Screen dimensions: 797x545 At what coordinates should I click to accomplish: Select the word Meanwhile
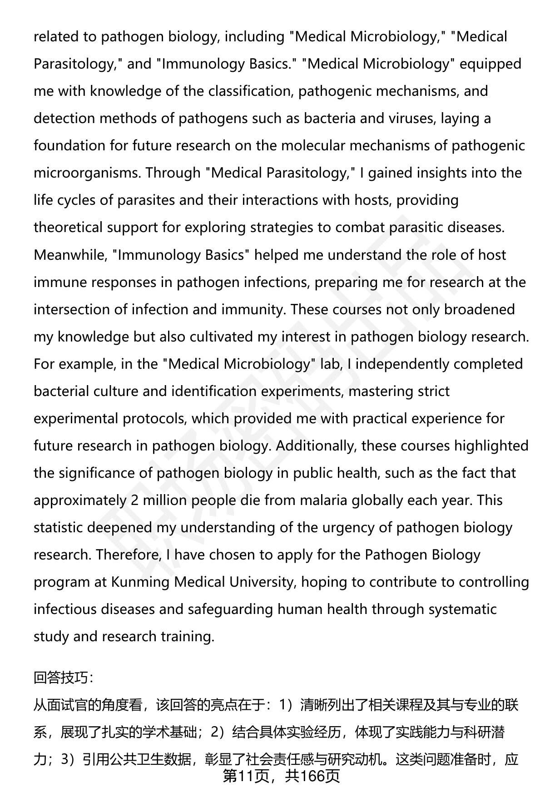pyautogui.click(x=69, y=255)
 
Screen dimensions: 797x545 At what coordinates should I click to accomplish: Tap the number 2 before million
pyautogui.click(x=134, y=500)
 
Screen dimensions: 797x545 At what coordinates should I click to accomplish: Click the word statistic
pyautogui.click(x=58, y=527)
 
